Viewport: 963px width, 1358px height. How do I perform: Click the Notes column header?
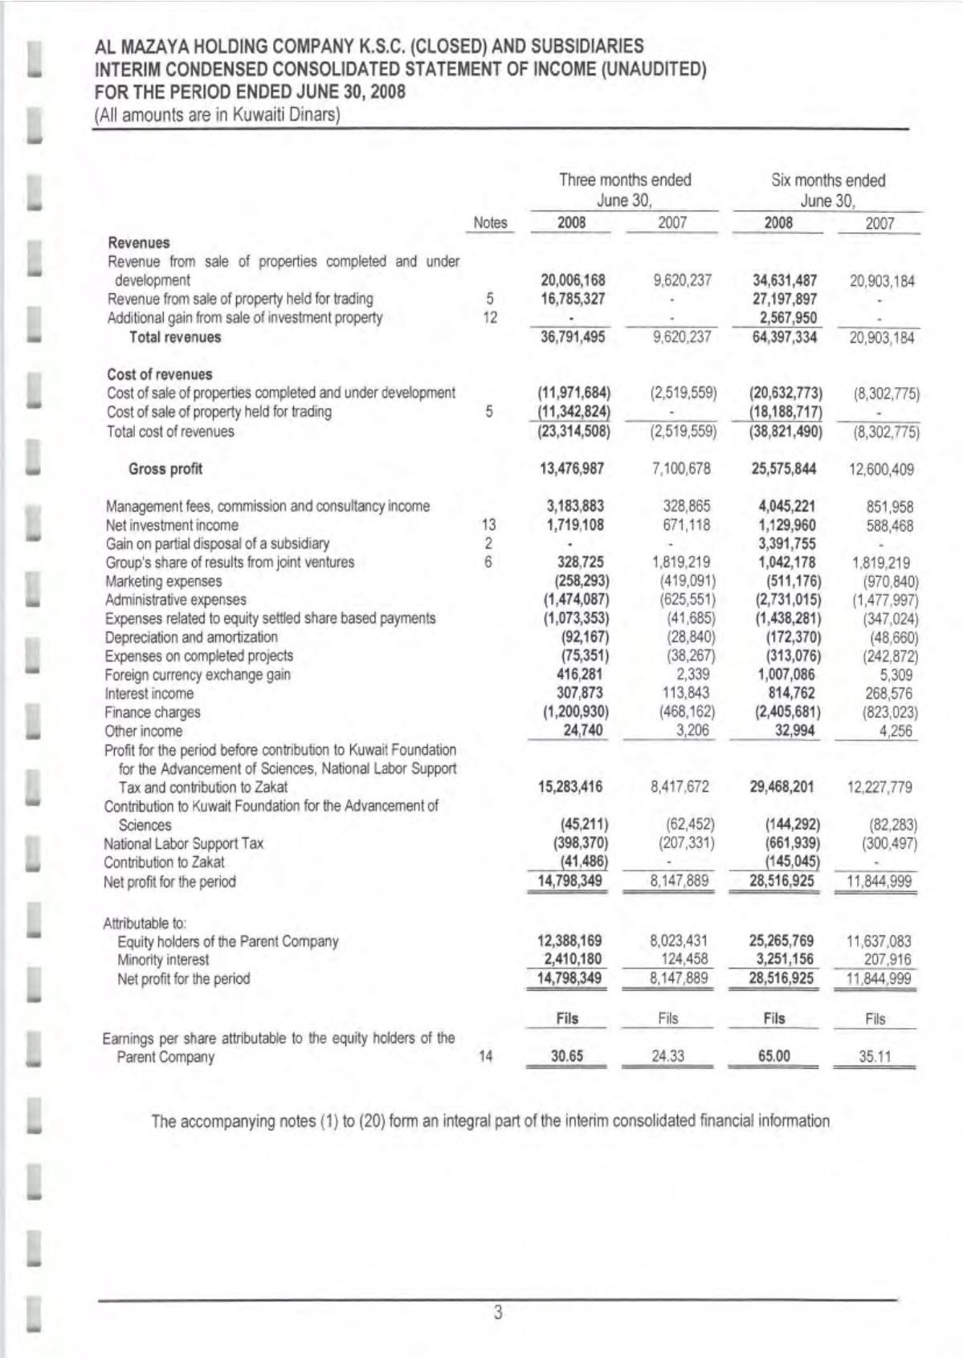pos(490,223)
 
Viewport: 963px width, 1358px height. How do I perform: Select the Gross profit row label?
pos(165,469)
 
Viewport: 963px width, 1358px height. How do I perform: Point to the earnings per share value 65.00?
pos(773,1057)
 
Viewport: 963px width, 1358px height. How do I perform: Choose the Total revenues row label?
pos(175,337)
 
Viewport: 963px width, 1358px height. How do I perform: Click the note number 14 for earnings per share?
pos(485,1057)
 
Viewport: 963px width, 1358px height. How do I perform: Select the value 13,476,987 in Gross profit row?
pos(572,469)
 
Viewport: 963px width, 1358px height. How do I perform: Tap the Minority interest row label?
pos(163,960)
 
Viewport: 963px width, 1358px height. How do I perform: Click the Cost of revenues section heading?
pos(160,374)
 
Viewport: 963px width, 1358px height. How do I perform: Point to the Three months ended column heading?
pos(625,181)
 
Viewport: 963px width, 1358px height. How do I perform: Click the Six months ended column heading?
pos(828,181)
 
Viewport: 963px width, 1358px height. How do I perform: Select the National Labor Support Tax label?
pos(183,844)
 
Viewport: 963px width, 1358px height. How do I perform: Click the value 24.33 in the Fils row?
pos(667,1057)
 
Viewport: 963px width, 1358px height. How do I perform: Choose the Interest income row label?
pos(149,694)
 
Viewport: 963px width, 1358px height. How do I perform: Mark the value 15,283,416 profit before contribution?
pos(570,787)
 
